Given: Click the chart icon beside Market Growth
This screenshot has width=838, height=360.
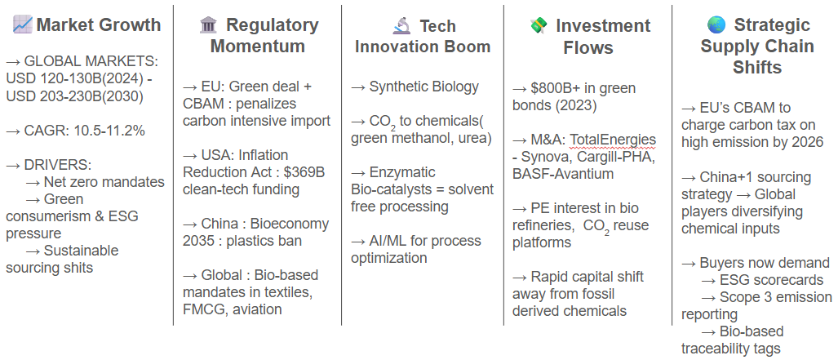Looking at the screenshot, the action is pos(23,24).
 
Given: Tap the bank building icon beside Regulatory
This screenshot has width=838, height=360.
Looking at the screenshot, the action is pos(208,24).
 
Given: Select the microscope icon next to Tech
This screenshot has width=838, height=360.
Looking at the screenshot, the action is pos(401,25).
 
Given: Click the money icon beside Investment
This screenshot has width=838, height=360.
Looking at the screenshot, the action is pos(539,25).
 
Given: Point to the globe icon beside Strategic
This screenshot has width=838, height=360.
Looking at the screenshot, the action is pos(716,24).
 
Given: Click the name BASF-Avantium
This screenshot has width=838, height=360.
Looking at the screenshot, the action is pos(563,174).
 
